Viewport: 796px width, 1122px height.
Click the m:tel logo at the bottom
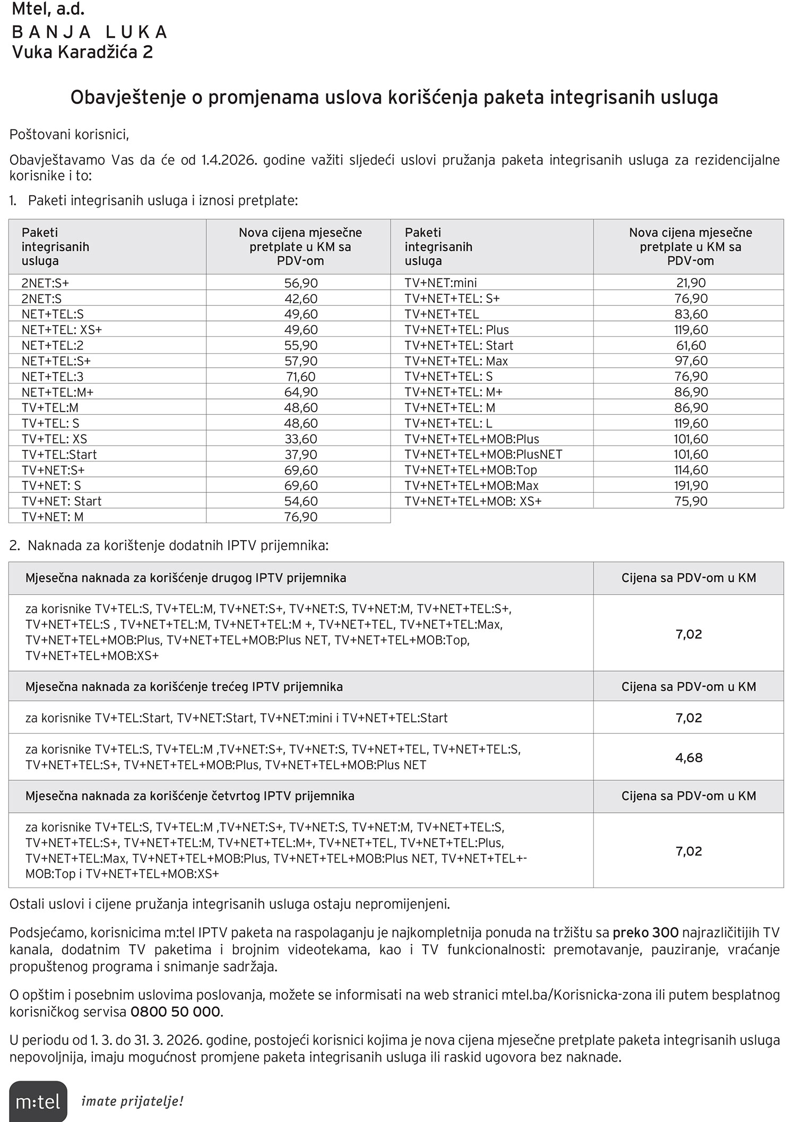pyautogui.click(x=38, y=1101)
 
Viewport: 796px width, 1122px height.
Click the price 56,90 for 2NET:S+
pyautogui.click(x=301, y=283)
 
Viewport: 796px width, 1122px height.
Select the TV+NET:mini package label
pyautogui.click(x=440, y=283)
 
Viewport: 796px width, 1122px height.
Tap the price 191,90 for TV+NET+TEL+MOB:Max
pyautogui.click(x=691, y=485)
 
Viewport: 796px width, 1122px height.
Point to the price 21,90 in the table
pyautogui.click(x=691, y=283)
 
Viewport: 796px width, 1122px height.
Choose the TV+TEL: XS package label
pyautogui.click(x=54, y=439)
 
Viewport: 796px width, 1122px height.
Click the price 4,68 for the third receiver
pyautogui.click(x=689, y=758)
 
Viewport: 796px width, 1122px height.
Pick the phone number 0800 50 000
pyautogui.click(x=175, y=1012)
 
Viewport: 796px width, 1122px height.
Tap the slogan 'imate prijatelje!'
pyautogui.click(x=132, y=1101)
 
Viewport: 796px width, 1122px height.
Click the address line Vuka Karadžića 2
pyautogui.click(x=82, y=53)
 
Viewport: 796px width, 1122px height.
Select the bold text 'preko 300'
pyautogui.click(x=645, y=932)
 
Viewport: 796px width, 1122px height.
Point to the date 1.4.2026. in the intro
pyautogui.click(x=229, y=160)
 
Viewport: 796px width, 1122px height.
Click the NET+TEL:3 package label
pyautogui.click(x=53, y=377)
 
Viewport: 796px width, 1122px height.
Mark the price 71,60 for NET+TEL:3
pyautogui.click(x=301, y=377)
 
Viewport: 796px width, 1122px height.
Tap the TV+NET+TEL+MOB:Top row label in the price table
pyautogui.click(x=471, y=470)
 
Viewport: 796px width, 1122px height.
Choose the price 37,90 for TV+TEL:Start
pyautogui.click(x=301, y=455)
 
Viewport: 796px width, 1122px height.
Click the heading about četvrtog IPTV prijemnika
pyautogui.click(x=189, y=796)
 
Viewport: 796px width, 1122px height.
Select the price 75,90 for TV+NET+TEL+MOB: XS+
pyautogui.click(x=691, y=501)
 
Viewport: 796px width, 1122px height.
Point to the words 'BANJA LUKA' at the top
pyautogui.click(x=90, y=32)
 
